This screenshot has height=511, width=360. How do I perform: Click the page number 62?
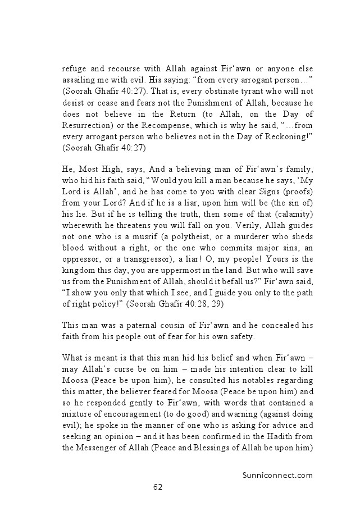158,487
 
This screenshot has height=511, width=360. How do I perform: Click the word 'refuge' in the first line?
75,69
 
